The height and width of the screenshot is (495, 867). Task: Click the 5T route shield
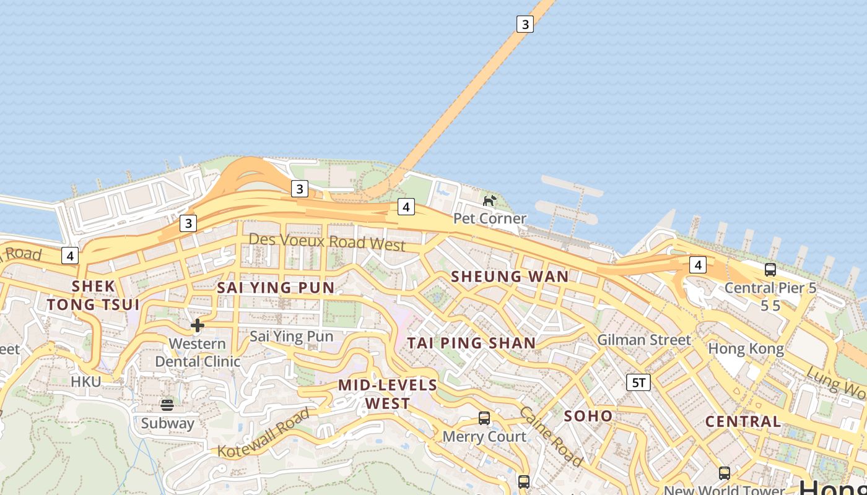[638, 382]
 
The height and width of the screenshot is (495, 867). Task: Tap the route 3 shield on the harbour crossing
[525, 24]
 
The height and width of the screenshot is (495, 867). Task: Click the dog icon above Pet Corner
[489, 200]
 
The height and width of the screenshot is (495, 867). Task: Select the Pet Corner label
[489, 218]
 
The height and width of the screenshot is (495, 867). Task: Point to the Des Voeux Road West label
[327, 241]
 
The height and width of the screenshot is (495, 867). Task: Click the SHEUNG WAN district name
[510, 277]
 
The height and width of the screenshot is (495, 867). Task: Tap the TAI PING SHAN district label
[471, 343]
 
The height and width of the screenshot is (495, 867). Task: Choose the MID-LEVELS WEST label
[388, 394]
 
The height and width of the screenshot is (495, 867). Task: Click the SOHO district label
[588, 416]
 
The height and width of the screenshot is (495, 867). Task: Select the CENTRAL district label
[743, 421]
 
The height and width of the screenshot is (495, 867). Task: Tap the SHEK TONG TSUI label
[94, 295]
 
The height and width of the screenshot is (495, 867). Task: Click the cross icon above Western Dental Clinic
[198, 325]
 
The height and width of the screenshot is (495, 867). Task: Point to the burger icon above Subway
[167, 405]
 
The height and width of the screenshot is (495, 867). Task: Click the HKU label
[85, 382]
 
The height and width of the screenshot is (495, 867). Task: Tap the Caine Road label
[550, 436]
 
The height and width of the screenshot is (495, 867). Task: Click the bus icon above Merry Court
[484, 418]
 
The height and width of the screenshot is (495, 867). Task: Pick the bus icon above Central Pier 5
[770, 270]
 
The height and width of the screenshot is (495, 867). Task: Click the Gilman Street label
[643, 340]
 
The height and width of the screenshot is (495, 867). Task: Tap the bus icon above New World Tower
[725, 473]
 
